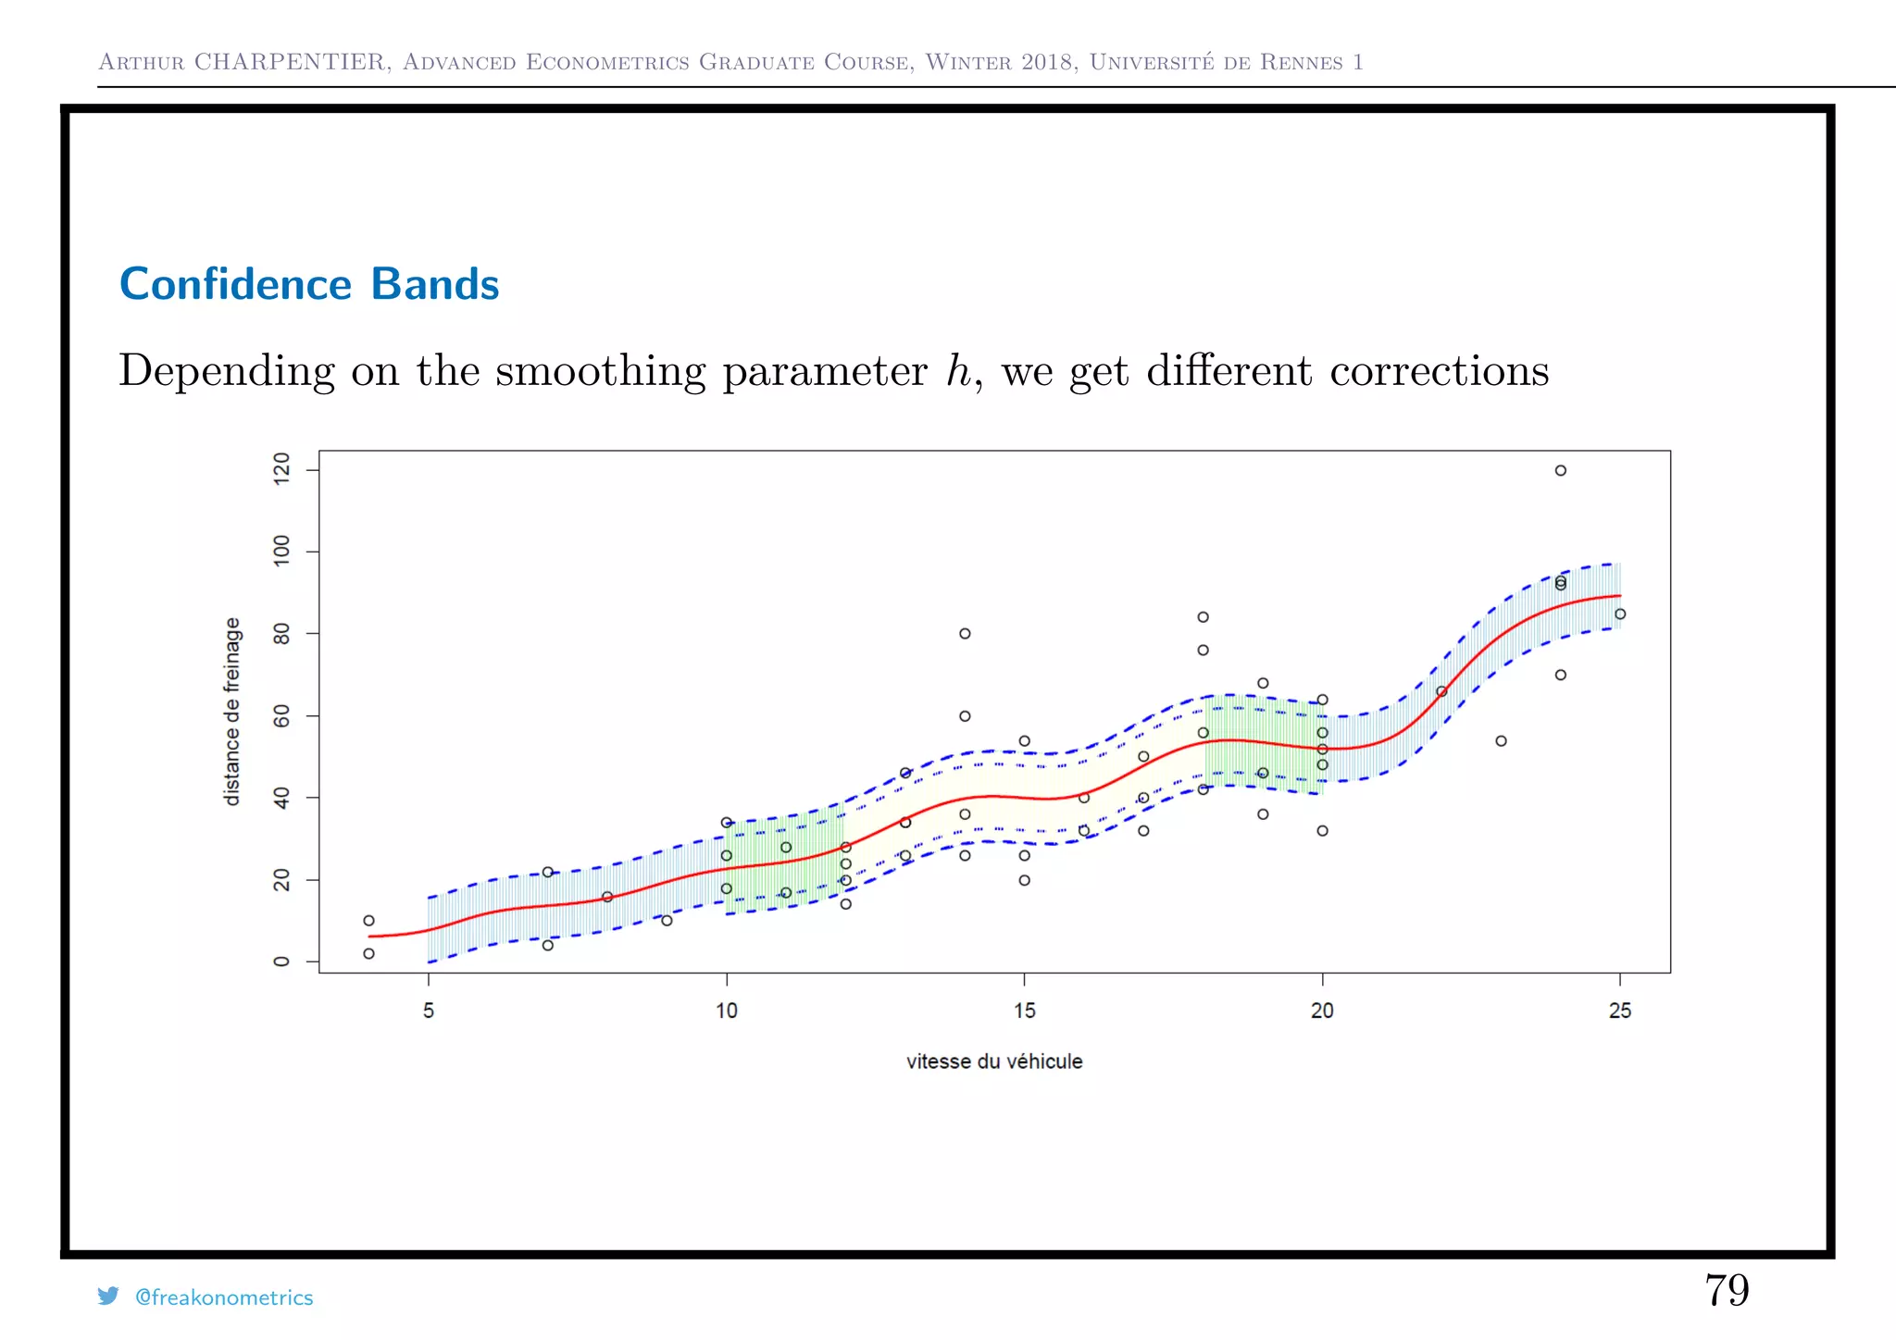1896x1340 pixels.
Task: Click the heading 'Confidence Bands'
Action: (309, 284)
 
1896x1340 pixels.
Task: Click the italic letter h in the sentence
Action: (958, 370)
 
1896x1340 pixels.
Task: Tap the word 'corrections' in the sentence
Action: (1439, 371)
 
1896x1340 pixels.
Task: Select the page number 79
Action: (1727, 1290)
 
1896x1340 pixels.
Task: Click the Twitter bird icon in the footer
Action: (108, 1296)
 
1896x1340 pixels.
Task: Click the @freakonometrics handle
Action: (224, 1297)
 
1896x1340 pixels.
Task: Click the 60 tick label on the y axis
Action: (281, 716)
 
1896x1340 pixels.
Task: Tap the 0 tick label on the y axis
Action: (281, 962)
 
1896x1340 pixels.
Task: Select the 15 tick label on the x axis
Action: (1024, 1011)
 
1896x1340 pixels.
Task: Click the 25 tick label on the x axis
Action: (1619, 1011)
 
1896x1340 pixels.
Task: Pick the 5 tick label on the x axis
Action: (429, 1011)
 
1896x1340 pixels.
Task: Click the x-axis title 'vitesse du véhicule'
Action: (994, 1061)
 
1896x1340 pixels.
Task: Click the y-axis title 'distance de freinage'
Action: (232, 711)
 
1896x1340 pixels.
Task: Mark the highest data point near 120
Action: (1560, 470)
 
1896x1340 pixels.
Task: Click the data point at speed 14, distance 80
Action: (965, 634)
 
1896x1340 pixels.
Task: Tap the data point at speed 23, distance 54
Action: (1501, 740)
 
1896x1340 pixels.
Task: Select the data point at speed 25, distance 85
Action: (1619, 614)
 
